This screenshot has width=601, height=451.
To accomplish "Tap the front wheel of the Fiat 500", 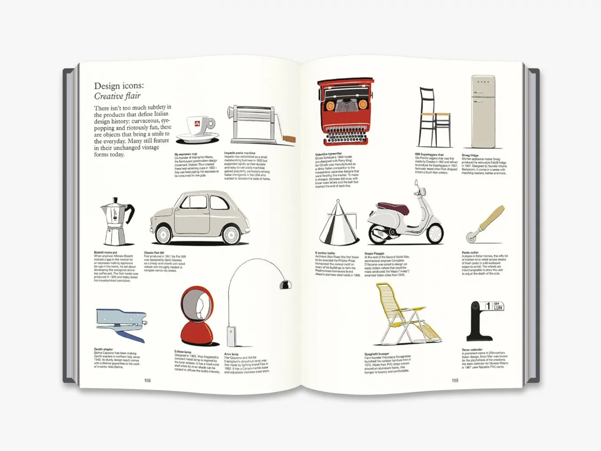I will [x=231, y=234].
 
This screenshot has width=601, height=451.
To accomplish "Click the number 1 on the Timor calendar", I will [x=487, y=306].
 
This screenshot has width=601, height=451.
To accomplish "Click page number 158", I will [x=147, y=380].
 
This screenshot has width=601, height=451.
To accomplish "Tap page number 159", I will [x=455, y=380].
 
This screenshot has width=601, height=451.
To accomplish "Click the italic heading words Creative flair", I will [x=117, y=96].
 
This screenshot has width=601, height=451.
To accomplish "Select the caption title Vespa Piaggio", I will [x=374, y=254].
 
